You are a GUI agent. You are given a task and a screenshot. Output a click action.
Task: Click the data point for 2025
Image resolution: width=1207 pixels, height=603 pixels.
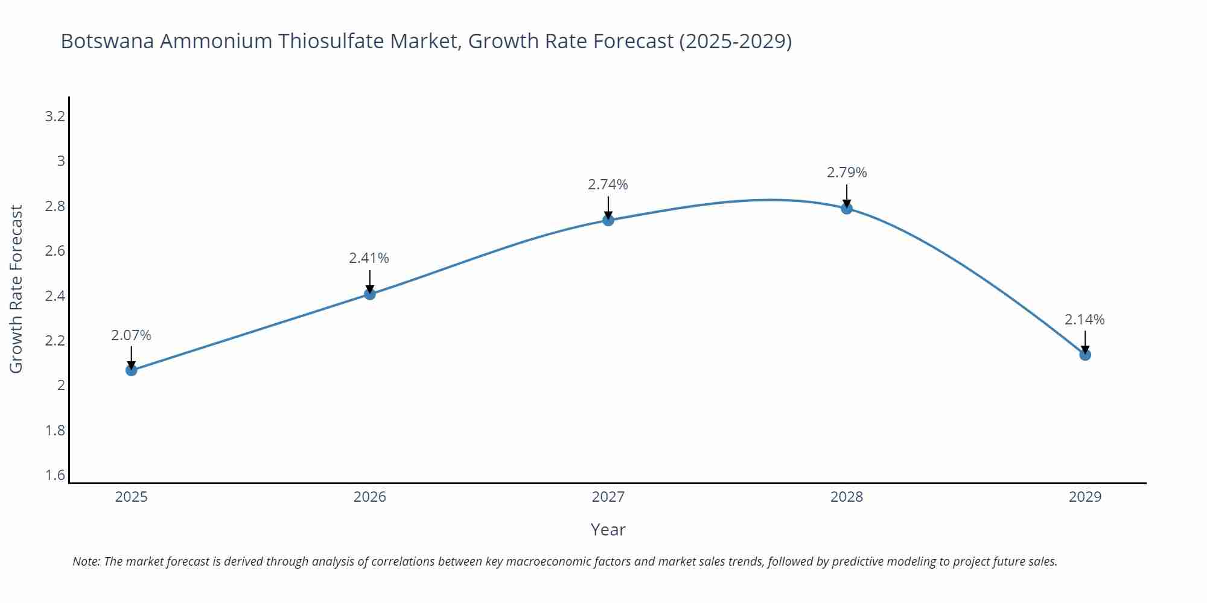tap(131, 370)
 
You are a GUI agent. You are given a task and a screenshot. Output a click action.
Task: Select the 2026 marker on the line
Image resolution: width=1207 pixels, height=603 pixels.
tap(370, 294)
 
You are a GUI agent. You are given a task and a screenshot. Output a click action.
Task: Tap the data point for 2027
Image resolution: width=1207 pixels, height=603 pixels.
tap(608, 220)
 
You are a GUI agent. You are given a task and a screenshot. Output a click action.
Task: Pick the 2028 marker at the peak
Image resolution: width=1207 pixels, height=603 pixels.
tap(847, 209)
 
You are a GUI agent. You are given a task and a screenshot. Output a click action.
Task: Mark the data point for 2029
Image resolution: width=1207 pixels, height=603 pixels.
tap(1085, 355)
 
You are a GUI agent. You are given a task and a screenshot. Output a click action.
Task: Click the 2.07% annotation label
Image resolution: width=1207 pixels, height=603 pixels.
tap(131, 335)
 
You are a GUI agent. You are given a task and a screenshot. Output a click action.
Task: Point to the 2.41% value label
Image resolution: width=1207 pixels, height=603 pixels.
tap(369, 258)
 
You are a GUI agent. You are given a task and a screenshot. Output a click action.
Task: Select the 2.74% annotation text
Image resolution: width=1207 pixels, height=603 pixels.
tap(608, 185)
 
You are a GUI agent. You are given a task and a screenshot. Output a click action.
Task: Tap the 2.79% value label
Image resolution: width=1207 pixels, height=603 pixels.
tap(847, 172)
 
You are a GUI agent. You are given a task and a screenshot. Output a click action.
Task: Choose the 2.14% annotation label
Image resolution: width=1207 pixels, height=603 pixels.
tap(1084, 320)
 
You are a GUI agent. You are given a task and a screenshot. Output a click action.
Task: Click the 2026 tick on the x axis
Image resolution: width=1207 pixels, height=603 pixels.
tap(369, 497)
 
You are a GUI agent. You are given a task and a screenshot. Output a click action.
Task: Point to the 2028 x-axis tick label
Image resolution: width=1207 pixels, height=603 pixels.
tap(847, 497)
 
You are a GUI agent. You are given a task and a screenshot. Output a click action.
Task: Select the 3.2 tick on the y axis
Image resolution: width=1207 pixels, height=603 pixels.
tap(55, 116)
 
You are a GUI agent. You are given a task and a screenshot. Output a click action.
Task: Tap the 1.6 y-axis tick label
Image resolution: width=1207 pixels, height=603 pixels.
tap(55, 475)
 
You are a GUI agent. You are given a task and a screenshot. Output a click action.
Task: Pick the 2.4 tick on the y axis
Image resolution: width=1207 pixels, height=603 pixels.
tap(55, 296)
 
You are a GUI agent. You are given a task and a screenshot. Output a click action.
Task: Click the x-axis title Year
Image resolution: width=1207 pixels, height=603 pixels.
tap(608, 529)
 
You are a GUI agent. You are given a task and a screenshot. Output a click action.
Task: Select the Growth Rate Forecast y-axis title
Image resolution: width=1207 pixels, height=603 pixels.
tap(16, 289)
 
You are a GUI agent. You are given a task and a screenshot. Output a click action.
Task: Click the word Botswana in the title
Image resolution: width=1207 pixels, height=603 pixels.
tap(107, 41)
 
